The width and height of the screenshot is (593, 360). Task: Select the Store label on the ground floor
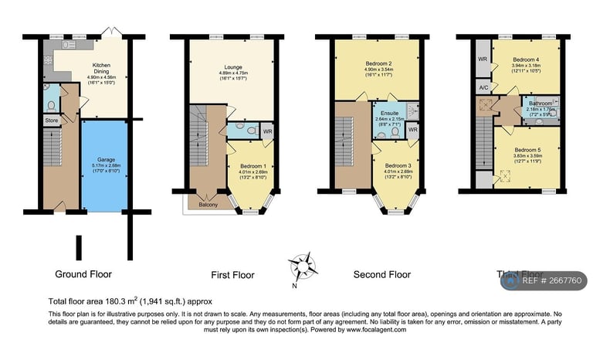50,121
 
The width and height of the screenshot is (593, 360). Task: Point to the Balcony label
208,204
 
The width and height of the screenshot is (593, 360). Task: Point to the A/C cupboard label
483,88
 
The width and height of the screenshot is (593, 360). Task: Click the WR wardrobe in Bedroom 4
483,59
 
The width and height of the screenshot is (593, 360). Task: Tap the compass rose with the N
302,267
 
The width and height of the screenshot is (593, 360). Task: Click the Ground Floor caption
83,273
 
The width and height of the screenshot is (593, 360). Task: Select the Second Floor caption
381,274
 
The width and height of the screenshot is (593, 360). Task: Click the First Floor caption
232,275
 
